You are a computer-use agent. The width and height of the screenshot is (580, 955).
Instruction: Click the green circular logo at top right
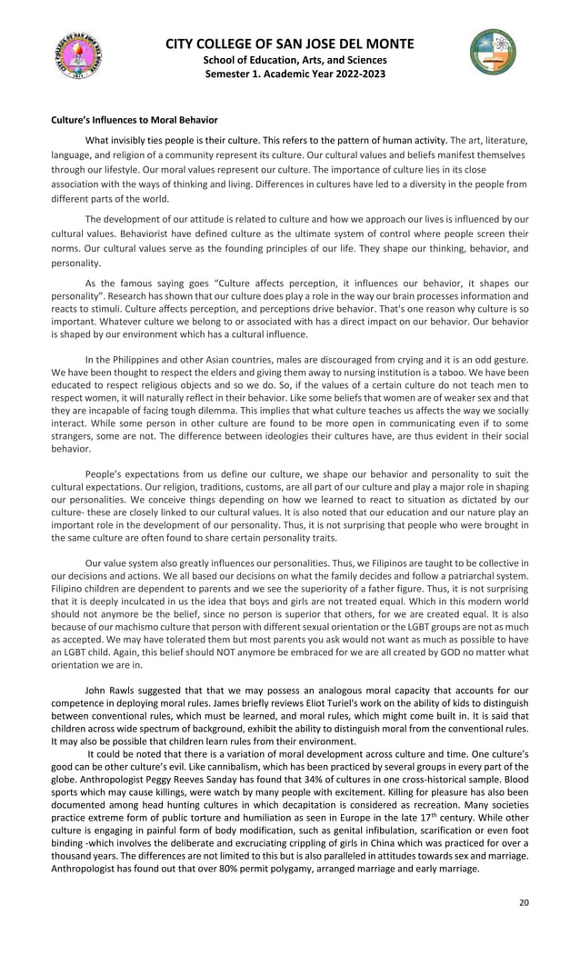pos(492,52)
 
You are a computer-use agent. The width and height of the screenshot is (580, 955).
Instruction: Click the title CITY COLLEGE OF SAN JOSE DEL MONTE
pos(290,44)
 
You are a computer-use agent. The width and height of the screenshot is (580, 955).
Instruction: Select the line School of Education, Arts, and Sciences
pos(290,59)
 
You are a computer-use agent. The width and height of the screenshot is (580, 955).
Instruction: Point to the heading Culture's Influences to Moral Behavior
pos(134,120)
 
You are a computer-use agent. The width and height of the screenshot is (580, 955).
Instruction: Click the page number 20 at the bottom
pos(523,902)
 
